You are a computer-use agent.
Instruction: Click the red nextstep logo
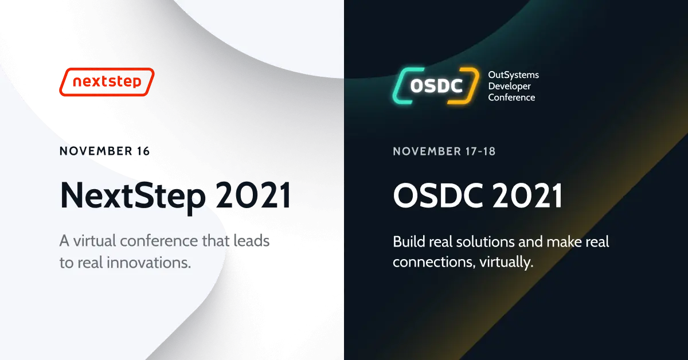tap(107, 82)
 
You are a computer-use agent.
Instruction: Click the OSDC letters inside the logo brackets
tap(436, 86)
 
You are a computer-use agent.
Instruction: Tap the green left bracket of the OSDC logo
tap(401, 86)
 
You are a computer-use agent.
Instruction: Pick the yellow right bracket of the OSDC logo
tap(470, 86)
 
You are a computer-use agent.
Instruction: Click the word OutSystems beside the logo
tap(513, 75)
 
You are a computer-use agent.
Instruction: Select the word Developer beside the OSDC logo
tap(509, 86)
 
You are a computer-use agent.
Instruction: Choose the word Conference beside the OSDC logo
tap(511, 97)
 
